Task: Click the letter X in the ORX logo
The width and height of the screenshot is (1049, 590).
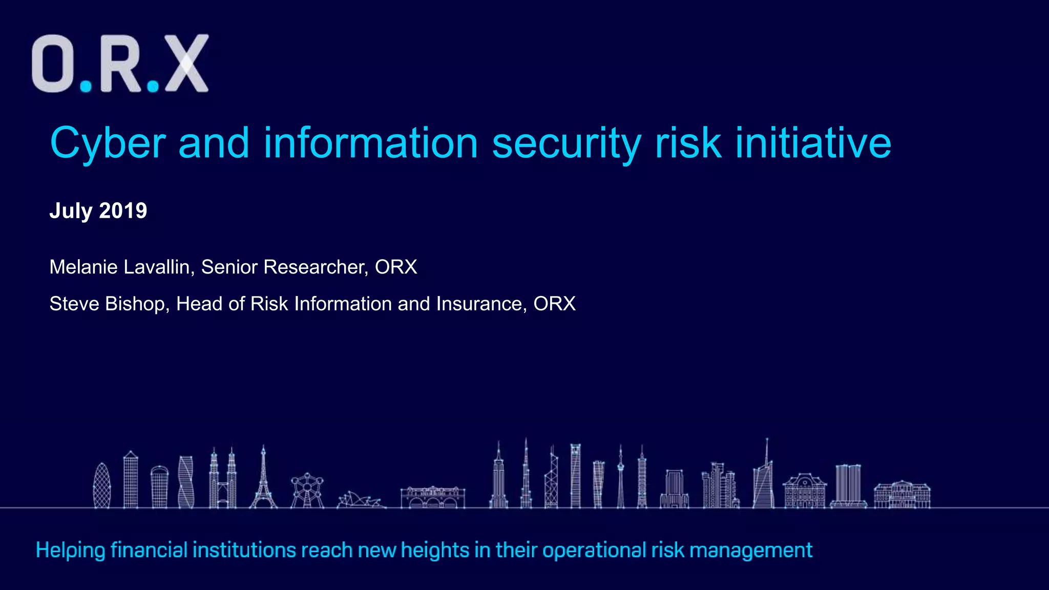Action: coord(186,64)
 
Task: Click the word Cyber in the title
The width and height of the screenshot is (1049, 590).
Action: coord(108,143)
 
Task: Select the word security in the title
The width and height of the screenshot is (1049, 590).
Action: coord(567,143)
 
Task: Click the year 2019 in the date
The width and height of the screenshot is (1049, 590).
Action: coord(123,210)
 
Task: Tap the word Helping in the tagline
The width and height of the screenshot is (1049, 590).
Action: coord(70,551)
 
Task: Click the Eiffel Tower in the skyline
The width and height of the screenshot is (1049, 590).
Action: coord(263,479)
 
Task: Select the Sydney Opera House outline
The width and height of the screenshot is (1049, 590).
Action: coord(360,499)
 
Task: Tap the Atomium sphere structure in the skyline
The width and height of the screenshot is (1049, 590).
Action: coord(307,489)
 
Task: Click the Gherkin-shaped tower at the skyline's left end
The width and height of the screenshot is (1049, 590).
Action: coord(102,486)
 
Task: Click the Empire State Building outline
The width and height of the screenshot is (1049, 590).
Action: coord(498,479)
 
